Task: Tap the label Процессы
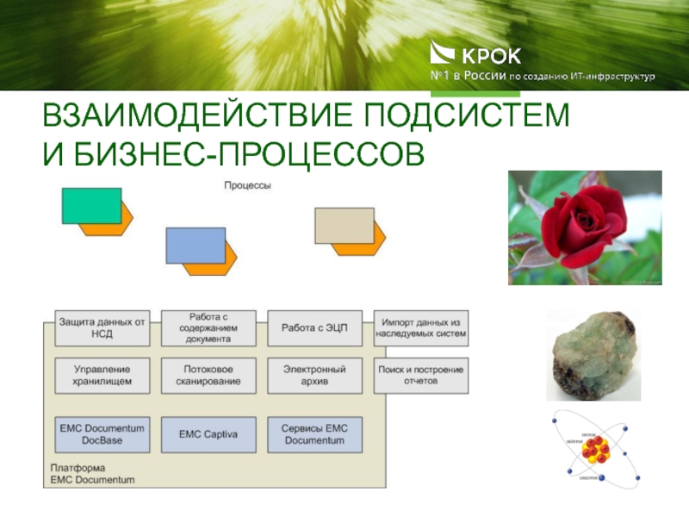[x=248, y=185]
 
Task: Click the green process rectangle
[x=90, y=205]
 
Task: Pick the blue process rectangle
[x=196, y=245]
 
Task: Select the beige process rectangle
[x=344, y=225]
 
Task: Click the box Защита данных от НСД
[x=102, y=327]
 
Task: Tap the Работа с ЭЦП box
[x=314, y=327]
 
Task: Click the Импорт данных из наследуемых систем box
[x=421, y=327]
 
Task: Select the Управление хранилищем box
[x=102, y=376]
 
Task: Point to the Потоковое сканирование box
[x=208, y=376]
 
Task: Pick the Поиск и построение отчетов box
[x=421, y=376]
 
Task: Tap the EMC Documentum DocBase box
[x=102, y=434]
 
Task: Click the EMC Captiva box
[x=208, y=434]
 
